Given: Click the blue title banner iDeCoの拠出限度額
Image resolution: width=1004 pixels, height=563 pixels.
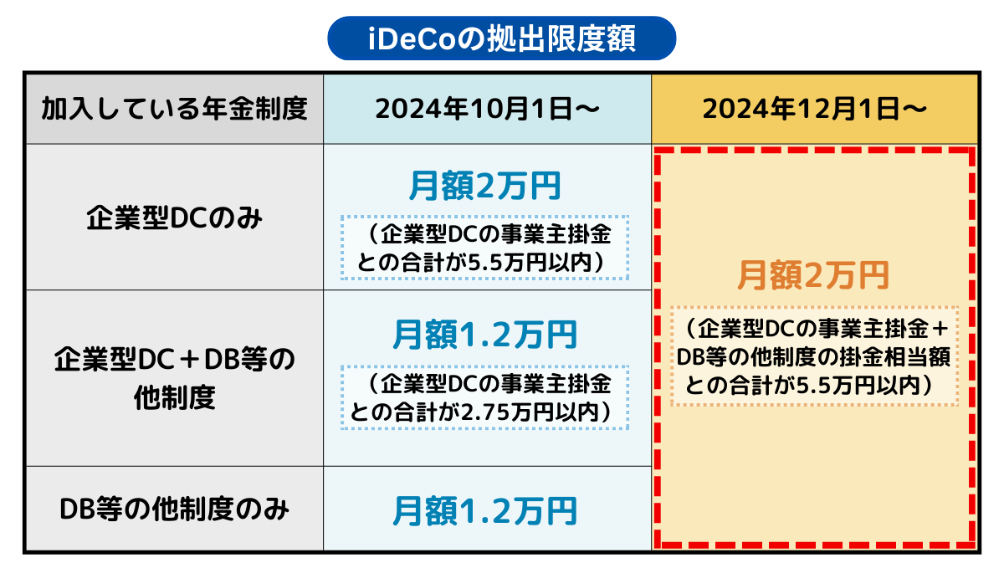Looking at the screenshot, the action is [501, 38].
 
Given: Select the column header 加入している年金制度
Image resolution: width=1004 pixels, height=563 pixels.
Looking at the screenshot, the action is [174, 109].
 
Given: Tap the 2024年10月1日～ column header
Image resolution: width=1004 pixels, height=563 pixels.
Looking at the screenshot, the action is [487, 109].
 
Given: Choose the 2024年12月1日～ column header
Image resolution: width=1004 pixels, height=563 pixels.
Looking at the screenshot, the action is [814, 109].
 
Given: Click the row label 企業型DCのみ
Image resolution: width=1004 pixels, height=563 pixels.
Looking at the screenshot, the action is [174, 218].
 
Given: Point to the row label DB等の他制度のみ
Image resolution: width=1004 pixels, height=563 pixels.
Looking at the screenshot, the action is [174, 509].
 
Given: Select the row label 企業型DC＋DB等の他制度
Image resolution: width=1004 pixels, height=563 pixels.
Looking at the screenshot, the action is [174, 379].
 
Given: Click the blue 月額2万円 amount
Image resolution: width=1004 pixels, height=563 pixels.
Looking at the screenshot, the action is [484, 186].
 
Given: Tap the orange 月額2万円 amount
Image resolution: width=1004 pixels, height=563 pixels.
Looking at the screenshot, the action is [813, 275].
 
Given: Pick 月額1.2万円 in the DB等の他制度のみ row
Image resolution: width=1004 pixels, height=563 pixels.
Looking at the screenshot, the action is [484, 511].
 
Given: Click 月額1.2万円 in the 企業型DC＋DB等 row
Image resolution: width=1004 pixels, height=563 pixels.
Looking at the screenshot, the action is [484, 335].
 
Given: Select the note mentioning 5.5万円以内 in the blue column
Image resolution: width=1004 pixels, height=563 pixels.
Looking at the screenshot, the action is [484, 248].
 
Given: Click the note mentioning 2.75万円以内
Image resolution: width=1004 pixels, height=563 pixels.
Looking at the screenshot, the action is [484, 397].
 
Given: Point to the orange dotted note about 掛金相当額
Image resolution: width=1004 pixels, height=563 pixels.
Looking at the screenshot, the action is [814, 357].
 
